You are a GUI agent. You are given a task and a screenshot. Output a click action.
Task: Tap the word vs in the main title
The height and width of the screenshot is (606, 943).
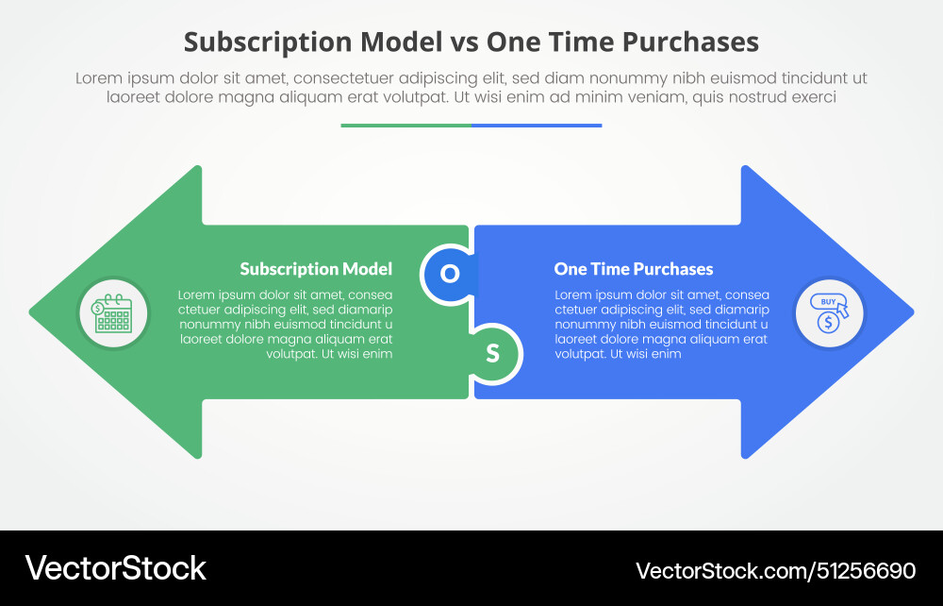[x=464, y=42]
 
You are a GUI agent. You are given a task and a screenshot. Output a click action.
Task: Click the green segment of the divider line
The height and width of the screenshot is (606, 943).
[x=405, y=125]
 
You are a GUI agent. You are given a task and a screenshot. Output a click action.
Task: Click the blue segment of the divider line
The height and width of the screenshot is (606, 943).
[x=537, y=125]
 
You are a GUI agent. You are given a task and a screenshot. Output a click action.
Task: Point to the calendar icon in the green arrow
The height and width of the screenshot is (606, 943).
[x=112, y=312]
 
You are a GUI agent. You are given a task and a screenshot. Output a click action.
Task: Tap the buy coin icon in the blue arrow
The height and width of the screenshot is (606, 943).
[x=829, y=312]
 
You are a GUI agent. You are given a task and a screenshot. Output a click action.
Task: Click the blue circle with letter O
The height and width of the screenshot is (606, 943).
[x=451, y=274]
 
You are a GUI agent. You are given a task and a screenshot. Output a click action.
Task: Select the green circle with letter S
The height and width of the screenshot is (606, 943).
[x=492, y=354]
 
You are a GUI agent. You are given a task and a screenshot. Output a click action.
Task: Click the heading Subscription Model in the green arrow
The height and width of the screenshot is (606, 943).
[x=316, y=269]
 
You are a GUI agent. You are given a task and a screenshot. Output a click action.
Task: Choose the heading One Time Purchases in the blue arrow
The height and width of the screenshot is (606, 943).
[x=634, y=269]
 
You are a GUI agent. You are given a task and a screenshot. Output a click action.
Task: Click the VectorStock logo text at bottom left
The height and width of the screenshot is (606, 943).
[x=115, y=567]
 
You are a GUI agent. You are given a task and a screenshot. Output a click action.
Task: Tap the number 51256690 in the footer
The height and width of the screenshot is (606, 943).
[x=866, y=570]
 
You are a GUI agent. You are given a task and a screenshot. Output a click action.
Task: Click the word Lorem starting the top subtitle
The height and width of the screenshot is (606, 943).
[x=98, y=78]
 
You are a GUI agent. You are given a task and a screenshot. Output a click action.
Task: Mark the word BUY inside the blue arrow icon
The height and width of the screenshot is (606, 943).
[x=827, y=302]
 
